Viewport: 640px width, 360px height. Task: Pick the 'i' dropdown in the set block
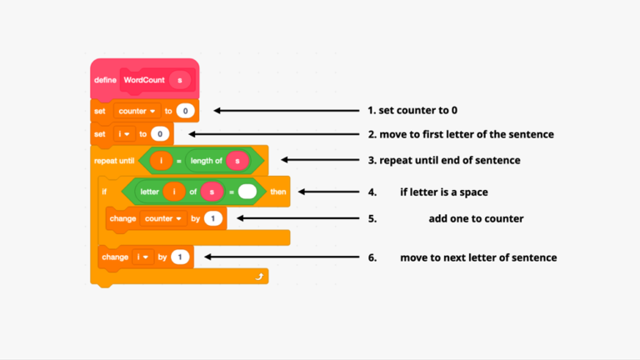coord(122,133)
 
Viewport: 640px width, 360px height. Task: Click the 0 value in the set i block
coord(160,133)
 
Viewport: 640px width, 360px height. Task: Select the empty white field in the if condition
coord(247,192)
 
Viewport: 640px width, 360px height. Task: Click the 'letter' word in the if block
coord(150,192)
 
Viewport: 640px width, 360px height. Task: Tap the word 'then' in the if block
coord(277,192)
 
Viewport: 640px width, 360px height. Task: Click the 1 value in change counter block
coord(213,218)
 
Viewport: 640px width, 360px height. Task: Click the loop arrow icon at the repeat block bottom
coord(259,276)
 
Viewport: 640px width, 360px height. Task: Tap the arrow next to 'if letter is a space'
coord(329,192)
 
